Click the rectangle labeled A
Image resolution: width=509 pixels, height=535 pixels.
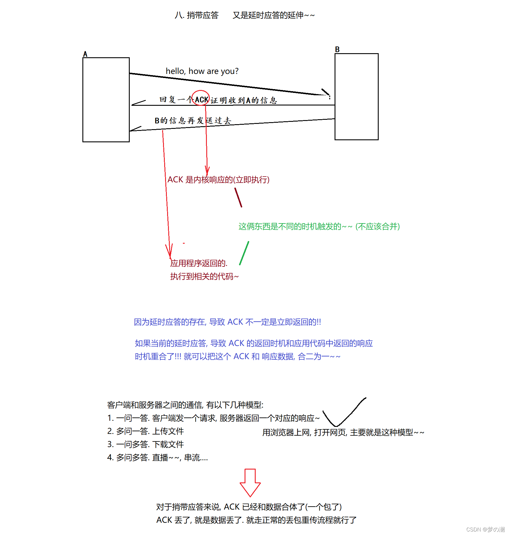coord(106,100)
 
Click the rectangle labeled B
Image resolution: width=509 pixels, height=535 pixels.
coord(356,96)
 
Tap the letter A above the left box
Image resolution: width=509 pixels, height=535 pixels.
coord(85,54)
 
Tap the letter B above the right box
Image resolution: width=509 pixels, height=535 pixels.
coord(337,49)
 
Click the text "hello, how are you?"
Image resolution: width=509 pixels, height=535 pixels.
coord(202,71)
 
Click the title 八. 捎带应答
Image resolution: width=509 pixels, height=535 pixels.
coord(196,15)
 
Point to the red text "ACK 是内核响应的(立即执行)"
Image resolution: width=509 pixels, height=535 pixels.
coord(218,179)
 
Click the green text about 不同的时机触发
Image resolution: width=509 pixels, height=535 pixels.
coord(319,226)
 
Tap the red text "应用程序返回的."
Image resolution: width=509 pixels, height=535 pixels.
coord(199,263)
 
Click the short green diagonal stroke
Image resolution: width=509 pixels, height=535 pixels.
coord(244,253)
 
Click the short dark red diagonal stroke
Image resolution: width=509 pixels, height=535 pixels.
coord(238,198)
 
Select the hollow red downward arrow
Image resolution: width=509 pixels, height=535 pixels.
coord(250,482)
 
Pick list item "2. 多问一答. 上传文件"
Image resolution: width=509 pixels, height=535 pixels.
coord(146,431)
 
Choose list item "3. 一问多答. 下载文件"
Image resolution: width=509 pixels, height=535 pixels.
coord(146,444)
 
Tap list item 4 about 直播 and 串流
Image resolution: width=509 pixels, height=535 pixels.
coord(157,458)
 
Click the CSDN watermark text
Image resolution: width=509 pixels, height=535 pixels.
coord(485,529)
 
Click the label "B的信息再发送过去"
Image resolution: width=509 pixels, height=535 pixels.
coord(193,120)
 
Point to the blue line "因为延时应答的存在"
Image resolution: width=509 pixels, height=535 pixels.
coord(227,322)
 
